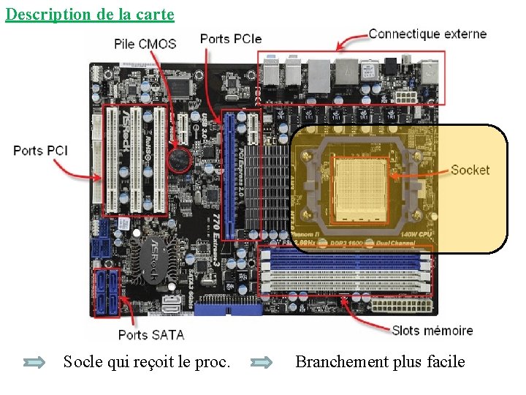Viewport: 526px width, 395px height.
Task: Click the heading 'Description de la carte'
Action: (x=90, y=14)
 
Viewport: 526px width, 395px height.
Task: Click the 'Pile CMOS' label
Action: (x=145, y=44)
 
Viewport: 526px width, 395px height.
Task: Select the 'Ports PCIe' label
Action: (x=230, y=39)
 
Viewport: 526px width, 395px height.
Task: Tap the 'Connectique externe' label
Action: (x=427, y=34)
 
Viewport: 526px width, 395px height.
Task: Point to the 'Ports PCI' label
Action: (x=41, y=150)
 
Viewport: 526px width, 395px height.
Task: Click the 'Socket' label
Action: (x=470, y=170)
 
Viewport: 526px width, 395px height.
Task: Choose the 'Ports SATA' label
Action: (x=151, y=335)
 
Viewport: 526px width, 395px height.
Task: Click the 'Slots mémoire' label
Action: (x=432, y=331)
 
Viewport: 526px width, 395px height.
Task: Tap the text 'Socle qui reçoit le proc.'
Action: (x=147, y=361)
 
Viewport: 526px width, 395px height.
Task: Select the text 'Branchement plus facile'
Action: (x=380, y=361)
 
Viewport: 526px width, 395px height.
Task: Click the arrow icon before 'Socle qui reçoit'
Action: (x=34, y=361)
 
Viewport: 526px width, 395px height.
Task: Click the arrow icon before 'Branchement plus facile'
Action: (x=262, y=361)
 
